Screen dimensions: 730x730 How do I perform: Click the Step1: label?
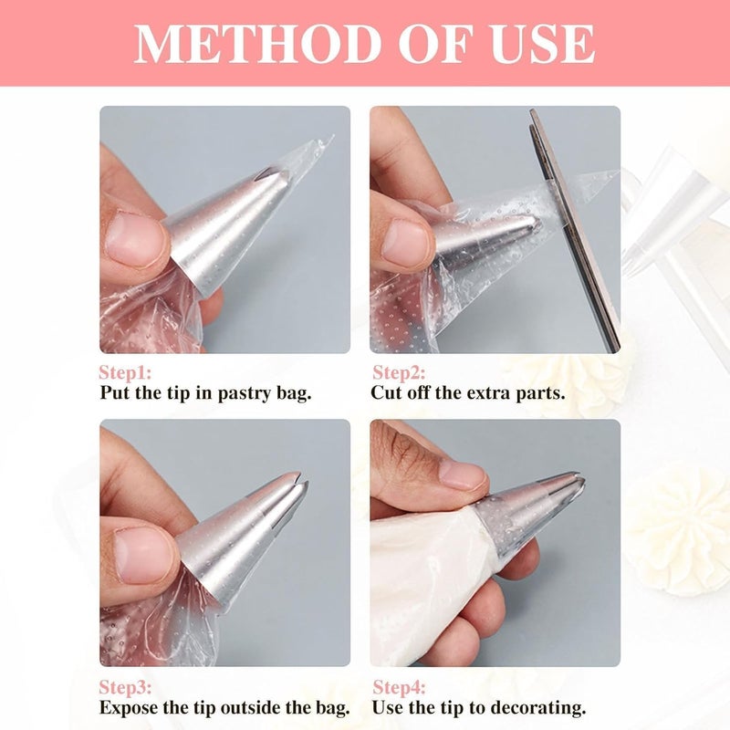tap(125, 373)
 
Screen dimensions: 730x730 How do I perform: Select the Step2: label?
tap(399, 373)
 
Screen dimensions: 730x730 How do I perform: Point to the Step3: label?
tap(125, 688)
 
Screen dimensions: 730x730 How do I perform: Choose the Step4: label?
tap(399, 688)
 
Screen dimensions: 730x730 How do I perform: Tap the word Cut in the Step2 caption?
tap(386, 392)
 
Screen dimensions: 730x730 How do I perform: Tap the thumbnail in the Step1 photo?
tap(136, 239)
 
